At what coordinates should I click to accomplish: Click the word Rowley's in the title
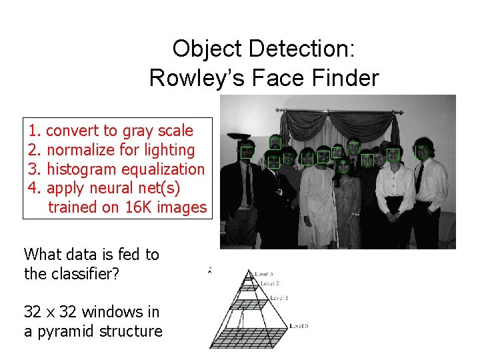191,78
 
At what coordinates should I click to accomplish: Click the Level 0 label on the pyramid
299,326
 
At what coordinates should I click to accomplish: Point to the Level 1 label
279,297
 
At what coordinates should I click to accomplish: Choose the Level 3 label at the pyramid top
264,274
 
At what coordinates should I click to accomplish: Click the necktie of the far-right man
419,178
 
